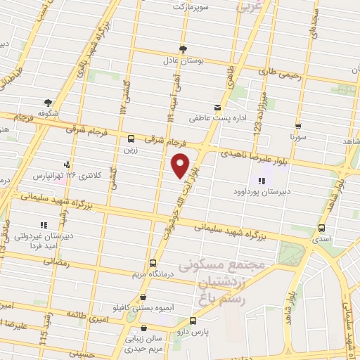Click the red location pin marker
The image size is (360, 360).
pyautogui.click(x=181, y=165)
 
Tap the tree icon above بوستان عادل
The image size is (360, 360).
pyautogui.click(x=184, y=49)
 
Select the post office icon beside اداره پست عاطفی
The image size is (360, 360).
pyautogui.click(x=218, y=108)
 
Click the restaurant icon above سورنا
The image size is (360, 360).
pyautogui.click(x=298, y=127)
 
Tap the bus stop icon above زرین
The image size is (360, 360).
pyautogui.click(x=131, y=139)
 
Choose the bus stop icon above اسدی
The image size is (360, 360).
pyautogui.click(x=321, y=228)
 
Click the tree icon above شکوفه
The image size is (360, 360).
pyautogui.click(x=48, y=102)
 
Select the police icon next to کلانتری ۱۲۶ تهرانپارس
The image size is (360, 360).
pyautogui.click(x=67, y=165)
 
